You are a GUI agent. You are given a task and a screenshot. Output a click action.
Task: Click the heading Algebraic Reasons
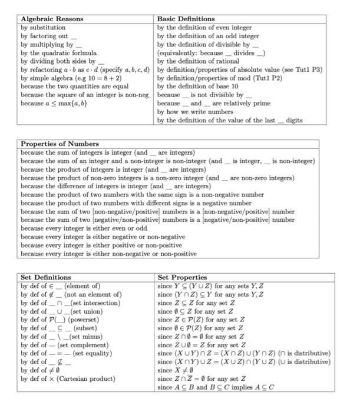(52, 19)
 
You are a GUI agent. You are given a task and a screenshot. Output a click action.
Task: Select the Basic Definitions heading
(186, 19)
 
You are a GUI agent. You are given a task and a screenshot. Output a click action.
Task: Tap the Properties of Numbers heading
(60, 144)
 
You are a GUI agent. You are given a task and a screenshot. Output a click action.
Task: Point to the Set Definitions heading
(47, 277)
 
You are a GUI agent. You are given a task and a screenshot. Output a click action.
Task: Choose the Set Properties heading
(183, 277)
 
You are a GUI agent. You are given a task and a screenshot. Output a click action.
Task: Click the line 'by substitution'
(43, 28)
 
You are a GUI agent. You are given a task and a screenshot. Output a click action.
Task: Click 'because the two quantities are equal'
(74, 86)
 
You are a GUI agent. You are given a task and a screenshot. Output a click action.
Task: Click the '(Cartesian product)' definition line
(68, 379)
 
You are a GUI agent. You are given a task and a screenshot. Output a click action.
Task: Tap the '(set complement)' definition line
(64, 345)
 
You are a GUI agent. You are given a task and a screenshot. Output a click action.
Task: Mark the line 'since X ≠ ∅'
(177, 370)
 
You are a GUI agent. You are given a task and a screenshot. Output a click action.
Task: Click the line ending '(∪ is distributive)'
(244, 362)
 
